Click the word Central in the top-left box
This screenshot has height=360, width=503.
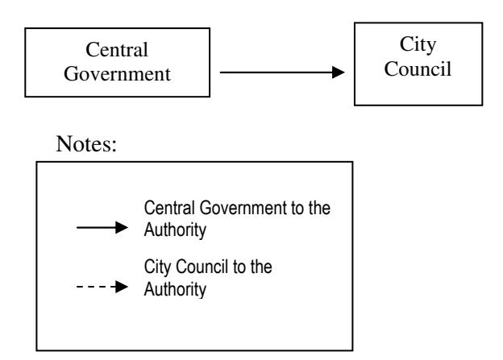117,50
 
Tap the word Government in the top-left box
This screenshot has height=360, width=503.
117,74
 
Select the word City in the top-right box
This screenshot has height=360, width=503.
418,45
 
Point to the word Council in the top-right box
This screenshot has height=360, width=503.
418,68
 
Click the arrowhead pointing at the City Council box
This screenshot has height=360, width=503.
339,72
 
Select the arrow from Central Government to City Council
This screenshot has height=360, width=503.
282,72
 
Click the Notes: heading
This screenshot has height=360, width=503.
86,143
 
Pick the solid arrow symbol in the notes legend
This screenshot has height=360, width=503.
102,228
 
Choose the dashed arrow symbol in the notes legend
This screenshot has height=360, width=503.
102,287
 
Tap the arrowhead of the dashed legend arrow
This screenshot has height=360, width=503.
122,287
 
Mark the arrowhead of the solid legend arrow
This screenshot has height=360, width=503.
122,228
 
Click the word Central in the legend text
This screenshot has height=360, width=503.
170,208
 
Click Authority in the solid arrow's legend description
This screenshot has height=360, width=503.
175,230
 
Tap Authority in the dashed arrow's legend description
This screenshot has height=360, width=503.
175,289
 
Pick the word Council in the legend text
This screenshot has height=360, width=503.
202,267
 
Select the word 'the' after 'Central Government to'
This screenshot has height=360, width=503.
319,208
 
